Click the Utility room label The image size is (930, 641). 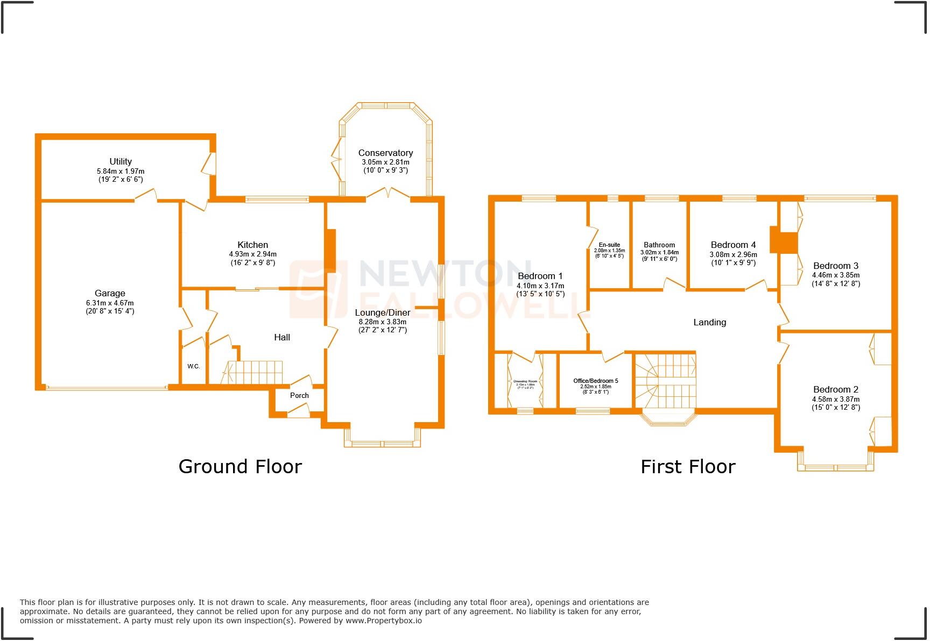(121, 161)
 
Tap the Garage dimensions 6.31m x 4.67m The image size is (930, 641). (110, 303)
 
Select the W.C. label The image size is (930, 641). (194, 366)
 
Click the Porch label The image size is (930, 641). (299, 395)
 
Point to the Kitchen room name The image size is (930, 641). (252, 245)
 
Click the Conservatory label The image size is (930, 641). (385, 153)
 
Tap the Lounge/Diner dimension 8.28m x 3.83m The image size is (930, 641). (383, 322)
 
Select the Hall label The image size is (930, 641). (282, 337)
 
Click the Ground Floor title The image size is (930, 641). (240, 466)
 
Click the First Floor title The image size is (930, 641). (687, 466)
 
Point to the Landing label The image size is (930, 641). (709, 322)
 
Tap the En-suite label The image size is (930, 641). (609, 245)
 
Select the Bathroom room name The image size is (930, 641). (659, 245)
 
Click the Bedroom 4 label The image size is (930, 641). (733, 245)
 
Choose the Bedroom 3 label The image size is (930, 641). (835, 266)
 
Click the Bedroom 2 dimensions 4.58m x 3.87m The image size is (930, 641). (836, 399)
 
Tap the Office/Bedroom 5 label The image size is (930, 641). (595, 381)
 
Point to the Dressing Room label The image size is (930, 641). (525, 381)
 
